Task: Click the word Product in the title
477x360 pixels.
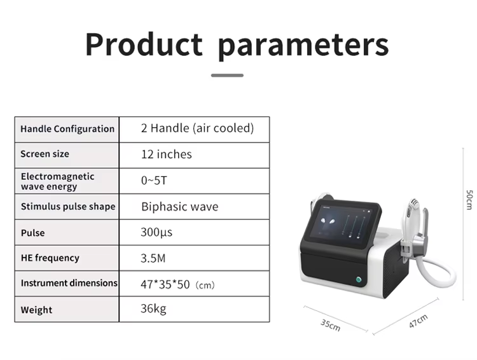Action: [144, 44]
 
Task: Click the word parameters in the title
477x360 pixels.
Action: [303, 46]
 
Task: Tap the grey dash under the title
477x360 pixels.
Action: [227, 75]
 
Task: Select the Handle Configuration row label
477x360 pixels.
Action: [67, 129]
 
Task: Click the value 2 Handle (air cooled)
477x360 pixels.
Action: [197, 128]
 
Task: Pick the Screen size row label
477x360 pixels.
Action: [45, 154]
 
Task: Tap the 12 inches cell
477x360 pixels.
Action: [167, 155]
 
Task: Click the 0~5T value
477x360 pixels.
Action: [154, 181]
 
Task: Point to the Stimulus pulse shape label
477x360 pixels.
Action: [68, 207]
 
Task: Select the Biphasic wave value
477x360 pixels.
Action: [180, 207]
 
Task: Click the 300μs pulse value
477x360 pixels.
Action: [156, 232]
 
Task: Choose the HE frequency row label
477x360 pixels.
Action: [50, 258]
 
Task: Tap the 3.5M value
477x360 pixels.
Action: [153, 258]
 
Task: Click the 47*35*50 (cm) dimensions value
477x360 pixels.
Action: [177, 284]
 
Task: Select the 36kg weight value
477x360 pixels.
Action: [153, 309]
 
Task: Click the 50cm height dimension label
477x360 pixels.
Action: [469, 200]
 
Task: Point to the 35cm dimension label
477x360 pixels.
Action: [330, 325]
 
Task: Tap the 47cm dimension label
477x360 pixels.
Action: [418, 321]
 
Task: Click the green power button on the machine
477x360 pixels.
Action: [359, 279]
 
